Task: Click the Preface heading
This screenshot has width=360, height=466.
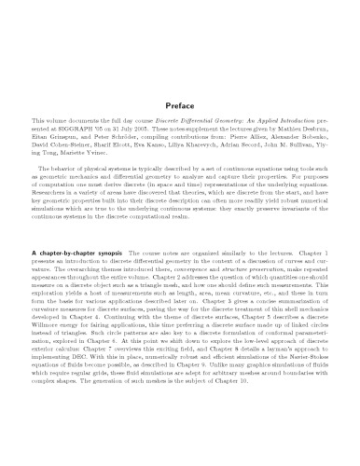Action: click(179, 105)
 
